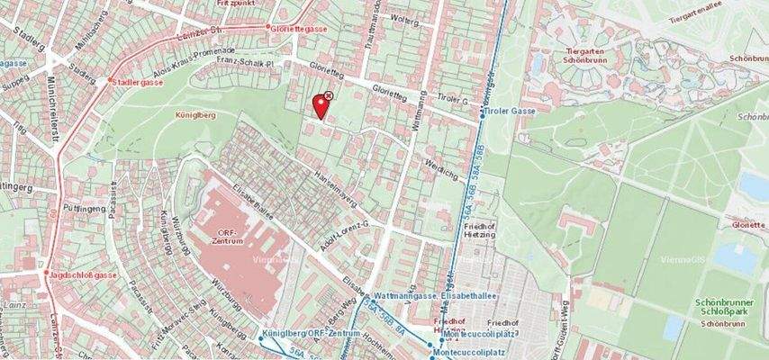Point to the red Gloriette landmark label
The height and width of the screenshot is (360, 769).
749,225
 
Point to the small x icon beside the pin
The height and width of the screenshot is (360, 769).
329,94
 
